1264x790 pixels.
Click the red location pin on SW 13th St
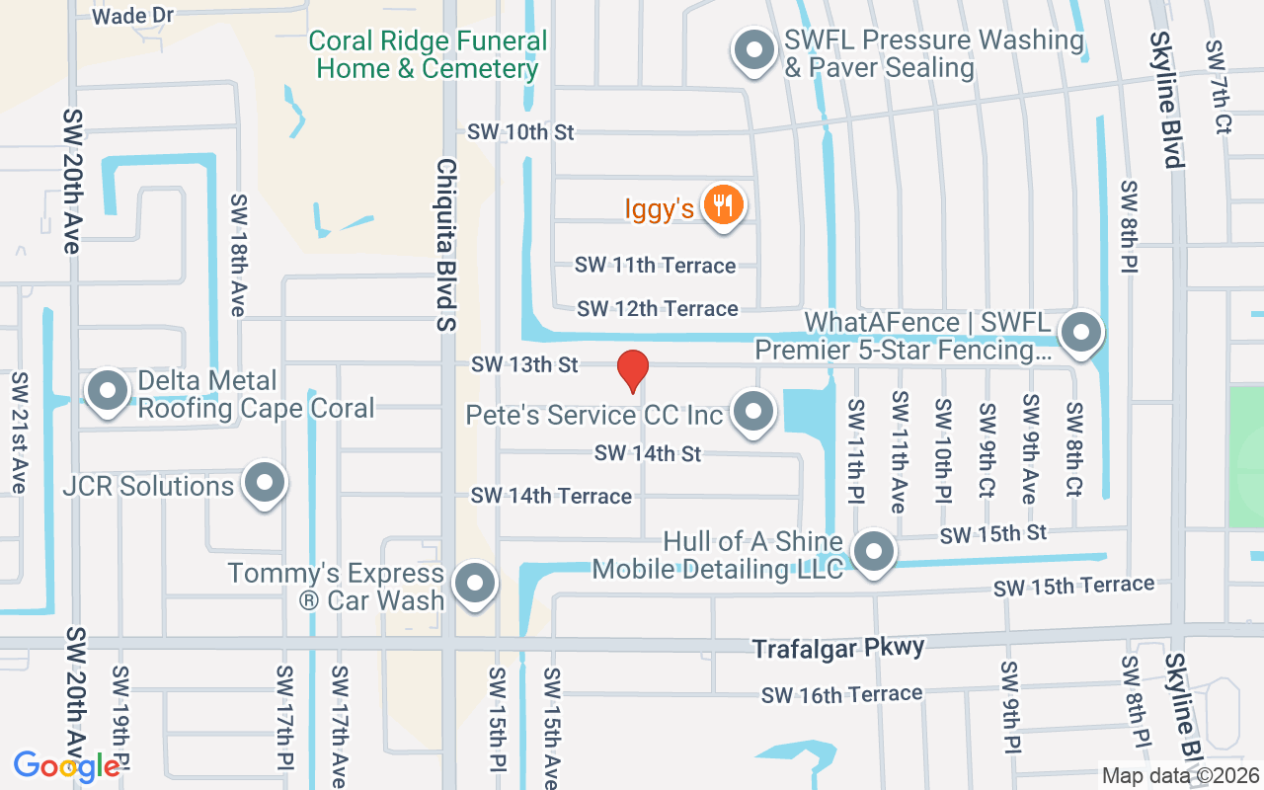[x=632, y=370]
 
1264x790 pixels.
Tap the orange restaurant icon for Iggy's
[x=724, y=205]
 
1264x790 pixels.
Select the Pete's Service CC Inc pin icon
[x=755, y=411]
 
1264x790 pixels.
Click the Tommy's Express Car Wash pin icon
[x=475, y=583]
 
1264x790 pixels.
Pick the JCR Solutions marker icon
[x=264, y=483]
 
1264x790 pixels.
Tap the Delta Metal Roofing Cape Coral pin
[x=108, y=390]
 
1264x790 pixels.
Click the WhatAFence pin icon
[x=1081, y=332]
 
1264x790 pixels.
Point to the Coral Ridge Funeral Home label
[x=428, y=55]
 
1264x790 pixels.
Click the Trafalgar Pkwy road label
[x=838, y=648]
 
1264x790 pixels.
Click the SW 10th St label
[x=520, y=131]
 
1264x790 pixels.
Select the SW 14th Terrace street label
[x=551, y=496]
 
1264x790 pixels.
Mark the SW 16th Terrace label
[x=841, y=694]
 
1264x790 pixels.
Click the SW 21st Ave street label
[x=19, y=433]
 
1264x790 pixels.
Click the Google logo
[x=67, y=766]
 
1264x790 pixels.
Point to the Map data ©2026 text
[x=1180, y=776]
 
